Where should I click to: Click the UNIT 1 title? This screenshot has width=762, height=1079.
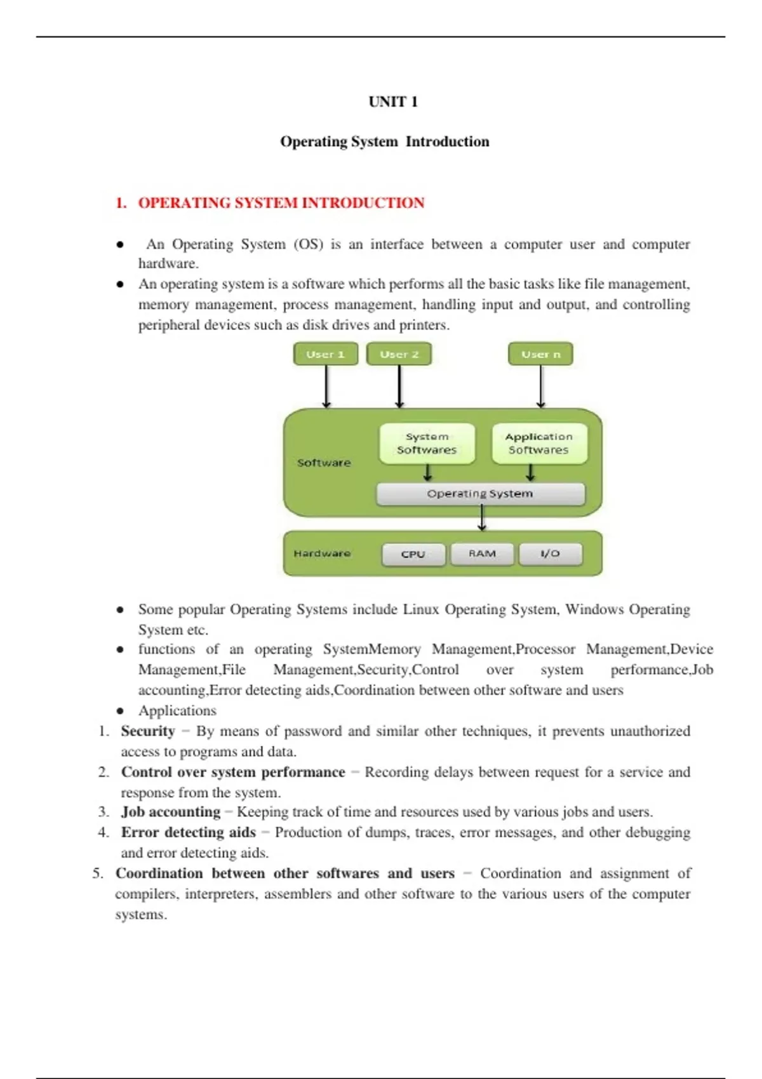393,102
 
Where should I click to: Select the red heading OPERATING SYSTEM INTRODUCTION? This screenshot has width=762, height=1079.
281,203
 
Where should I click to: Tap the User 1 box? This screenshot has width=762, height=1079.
325,354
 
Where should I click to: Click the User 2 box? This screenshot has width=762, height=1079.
399,354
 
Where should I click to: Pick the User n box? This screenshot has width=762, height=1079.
540,354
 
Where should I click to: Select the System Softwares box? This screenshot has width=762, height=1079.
427,443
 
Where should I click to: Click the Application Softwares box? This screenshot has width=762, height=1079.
539,443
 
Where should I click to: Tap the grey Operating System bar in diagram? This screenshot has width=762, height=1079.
480,494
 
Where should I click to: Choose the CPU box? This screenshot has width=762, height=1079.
413,554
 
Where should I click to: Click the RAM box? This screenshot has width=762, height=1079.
482,553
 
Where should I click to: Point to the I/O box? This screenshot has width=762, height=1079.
550,553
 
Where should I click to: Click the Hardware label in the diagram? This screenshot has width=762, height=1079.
322,553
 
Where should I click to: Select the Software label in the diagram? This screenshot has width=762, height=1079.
324,463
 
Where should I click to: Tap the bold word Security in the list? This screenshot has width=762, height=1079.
148,731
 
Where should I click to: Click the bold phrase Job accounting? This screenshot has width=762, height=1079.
171,812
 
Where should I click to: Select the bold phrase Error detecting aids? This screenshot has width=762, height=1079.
189,832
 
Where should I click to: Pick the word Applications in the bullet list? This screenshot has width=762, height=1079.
177,711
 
